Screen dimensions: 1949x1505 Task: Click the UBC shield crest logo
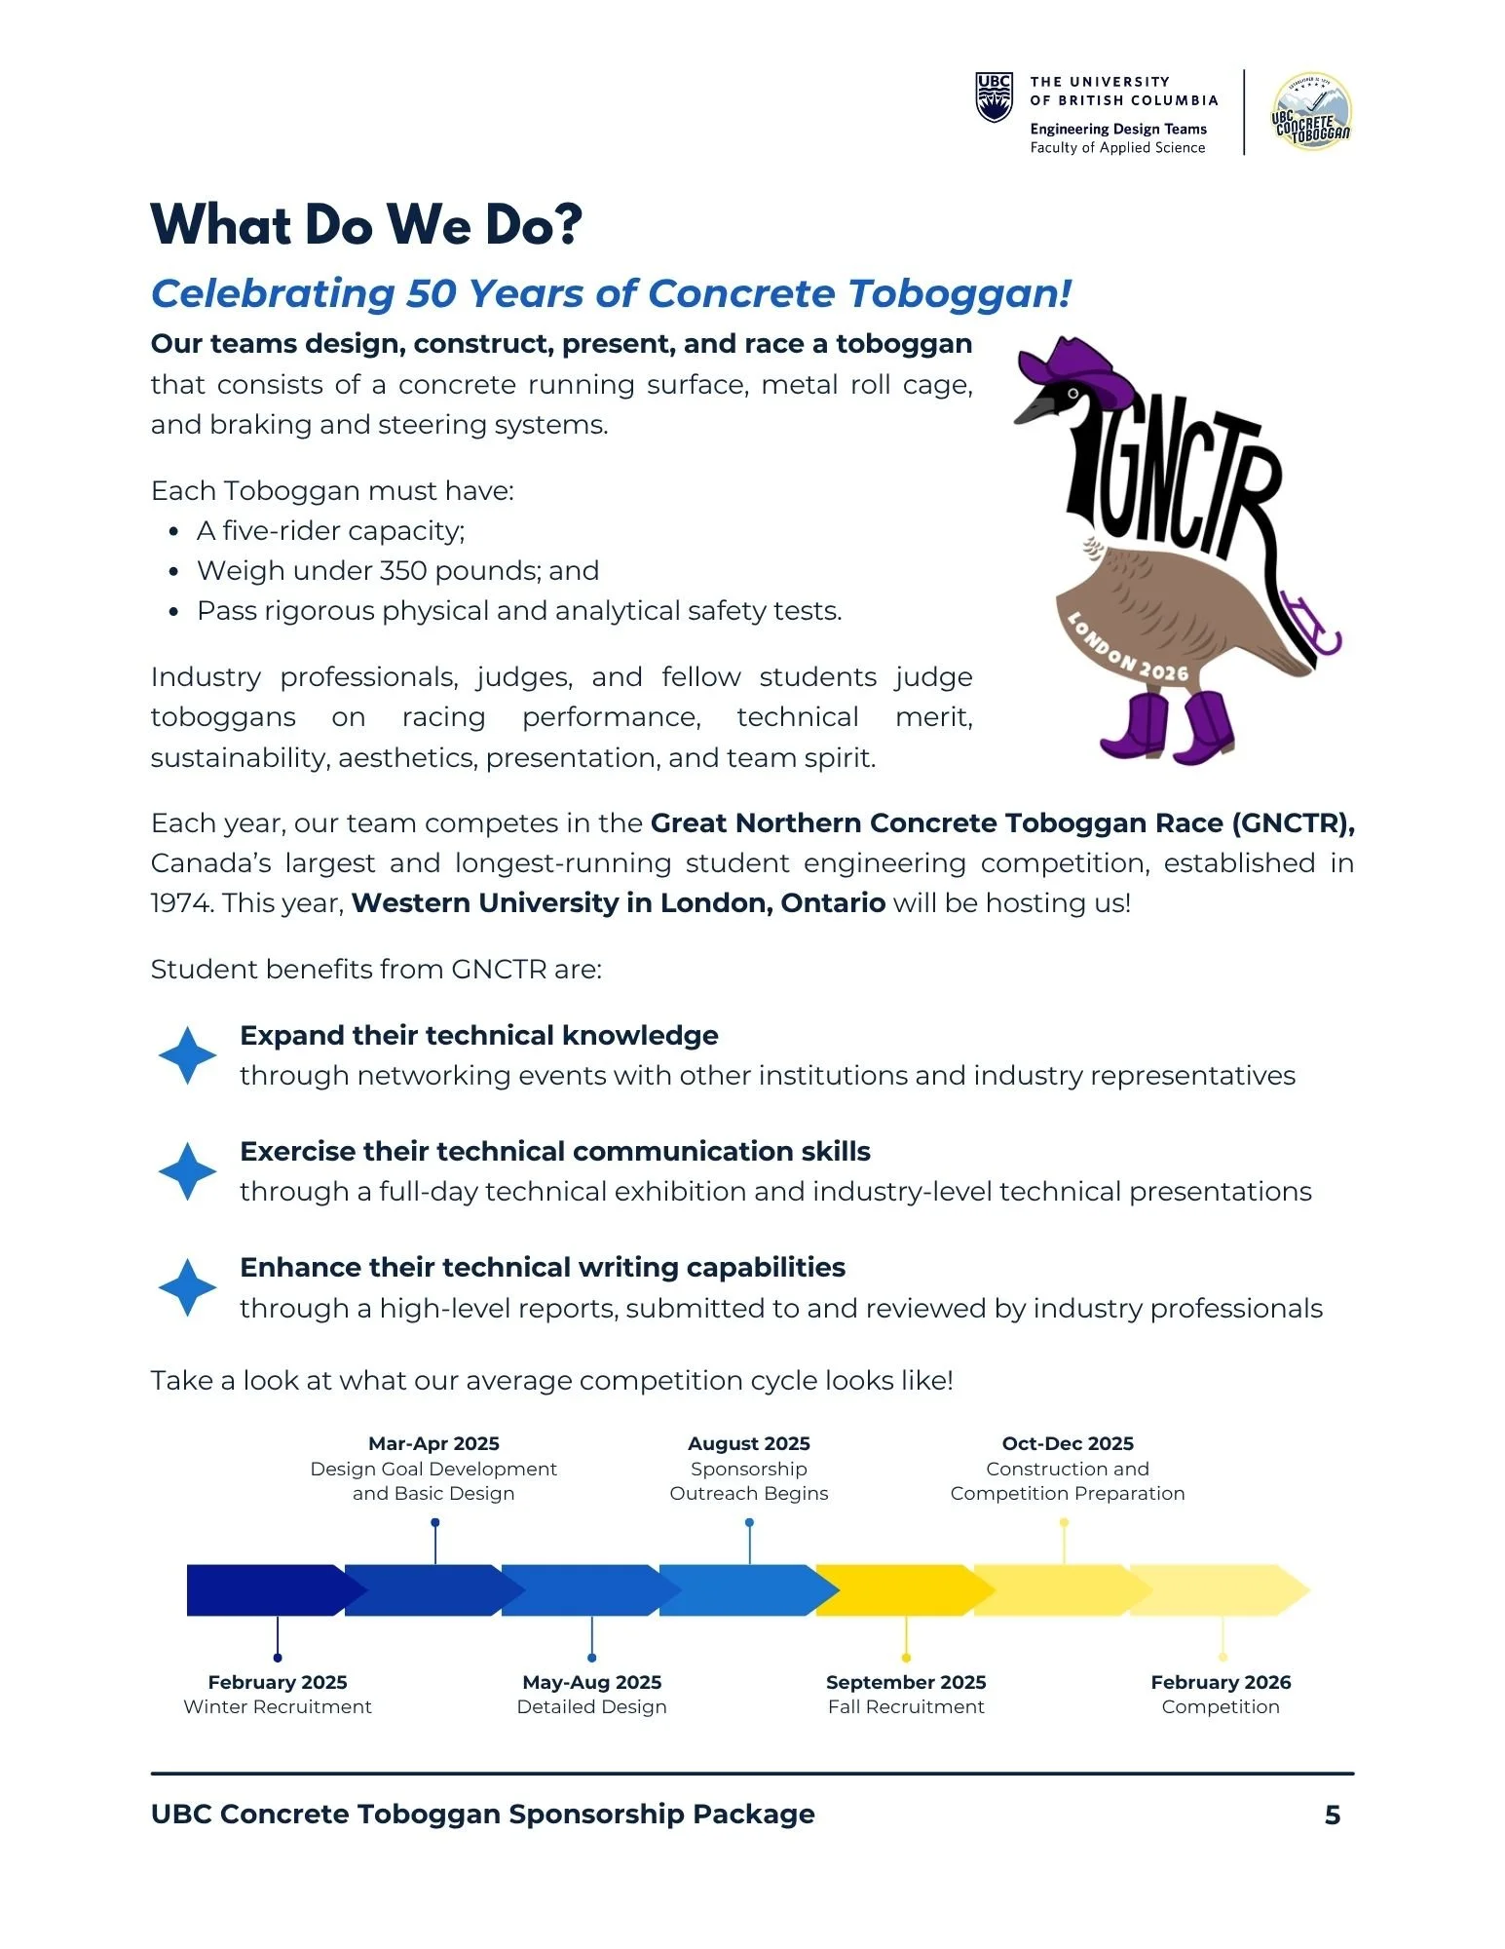pyautogui.click(x=994, y=97)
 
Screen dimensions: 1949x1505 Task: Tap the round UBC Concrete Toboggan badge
pyautogui.click(x=1311, y=111)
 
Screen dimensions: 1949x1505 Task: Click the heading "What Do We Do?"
pyautogui.click(x=366, y=224)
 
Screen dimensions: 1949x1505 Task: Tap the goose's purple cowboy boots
pyautogui.click(x=1169, y=727)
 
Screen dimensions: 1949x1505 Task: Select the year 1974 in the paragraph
pyautogui.click(x=181, y=903)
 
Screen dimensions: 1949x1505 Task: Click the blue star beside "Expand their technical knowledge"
pyautogui.click(x=187, y=1055)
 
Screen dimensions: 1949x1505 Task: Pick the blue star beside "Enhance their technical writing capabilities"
pyautogui.click(x=187, y=1287)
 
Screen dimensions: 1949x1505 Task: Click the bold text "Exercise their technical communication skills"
pyautogui.click(x=555, y=1152)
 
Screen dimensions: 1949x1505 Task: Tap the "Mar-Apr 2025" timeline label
pyautogui.click(x=433, y=1443)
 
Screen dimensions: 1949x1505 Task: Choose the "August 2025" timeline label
pyautogui.click(x=748, y=1443)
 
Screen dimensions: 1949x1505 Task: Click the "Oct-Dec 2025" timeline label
pyautogui.click(x=1068, y=1443)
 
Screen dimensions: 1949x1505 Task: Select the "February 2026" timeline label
pyautogui.click(x=1221, y=1682)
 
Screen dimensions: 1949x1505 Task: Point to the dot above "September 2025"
pyautogui.click(x=906, y=1658)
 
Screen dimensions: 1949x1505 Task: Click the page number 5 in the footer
pyautogui.click(x=1333, y=1815)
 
